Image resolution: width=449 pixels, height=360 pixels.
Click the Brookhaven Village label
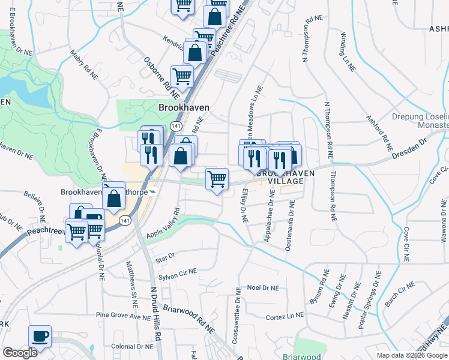(277, 176)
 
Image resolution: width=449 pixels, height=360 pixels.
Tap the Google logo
(20, 353)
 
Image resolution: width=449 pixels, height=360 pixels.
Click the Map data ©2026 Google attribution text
(412, 355)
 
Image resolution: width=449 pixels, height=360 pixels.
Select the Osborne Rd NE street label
(161, 77)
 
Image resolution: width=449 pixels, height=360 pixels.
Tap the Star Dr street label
(164, 258)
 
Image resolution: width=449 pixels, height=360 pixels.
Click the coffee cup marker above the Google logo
(40, 336)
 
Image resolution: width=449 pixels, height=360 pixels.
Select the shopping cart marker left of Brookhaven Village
(217, 178)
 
